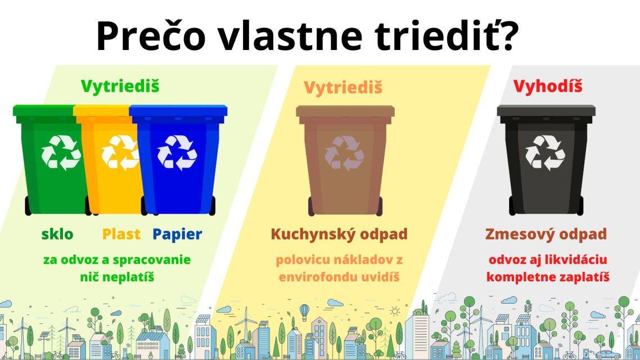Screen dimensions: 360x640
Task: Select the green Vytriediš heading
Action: [x=120, y=86]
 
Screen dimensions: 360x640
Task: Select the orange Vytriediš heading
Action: [x=343, y=88]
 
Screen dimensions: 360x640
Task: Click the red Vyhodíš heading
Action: [x=547, y=87]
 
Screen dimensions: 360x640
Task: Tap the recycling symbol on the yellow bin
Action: [x=119, y=152]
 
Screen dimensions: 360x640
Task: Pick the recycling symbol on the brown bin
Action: [x=344, y=152]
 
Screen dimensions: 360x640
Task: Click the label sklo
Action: [x=57, y=234]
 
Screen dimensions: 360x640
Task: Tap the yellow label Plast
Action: [x=121, y=234]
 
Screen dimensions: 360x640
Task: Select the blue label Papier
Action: [x=177, y=234]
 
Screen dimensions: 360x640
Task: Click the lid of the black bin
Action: [x=546, y=110]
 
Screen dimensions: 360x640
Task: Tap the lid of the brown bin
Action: [x=345, y=111]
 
